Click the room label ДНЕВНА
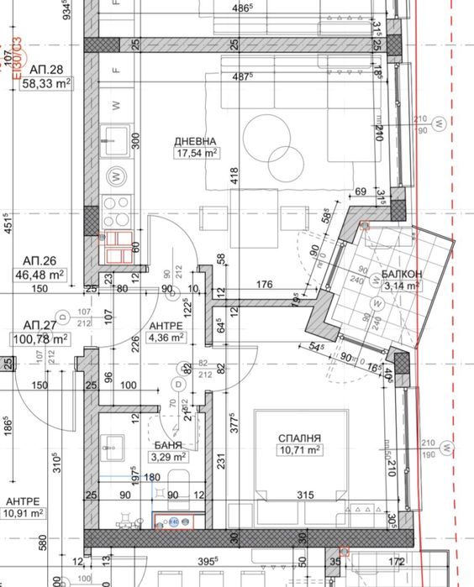[x=196, y=141]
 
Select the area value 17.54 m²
[x=196, y=153]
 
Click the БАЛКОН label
[x=401, y=275]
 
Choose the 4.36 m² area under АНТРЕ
[x=167, y=338]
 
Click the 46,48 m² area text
[x=45, y=274]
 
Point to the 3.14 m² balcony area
[x=401, y=286]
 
